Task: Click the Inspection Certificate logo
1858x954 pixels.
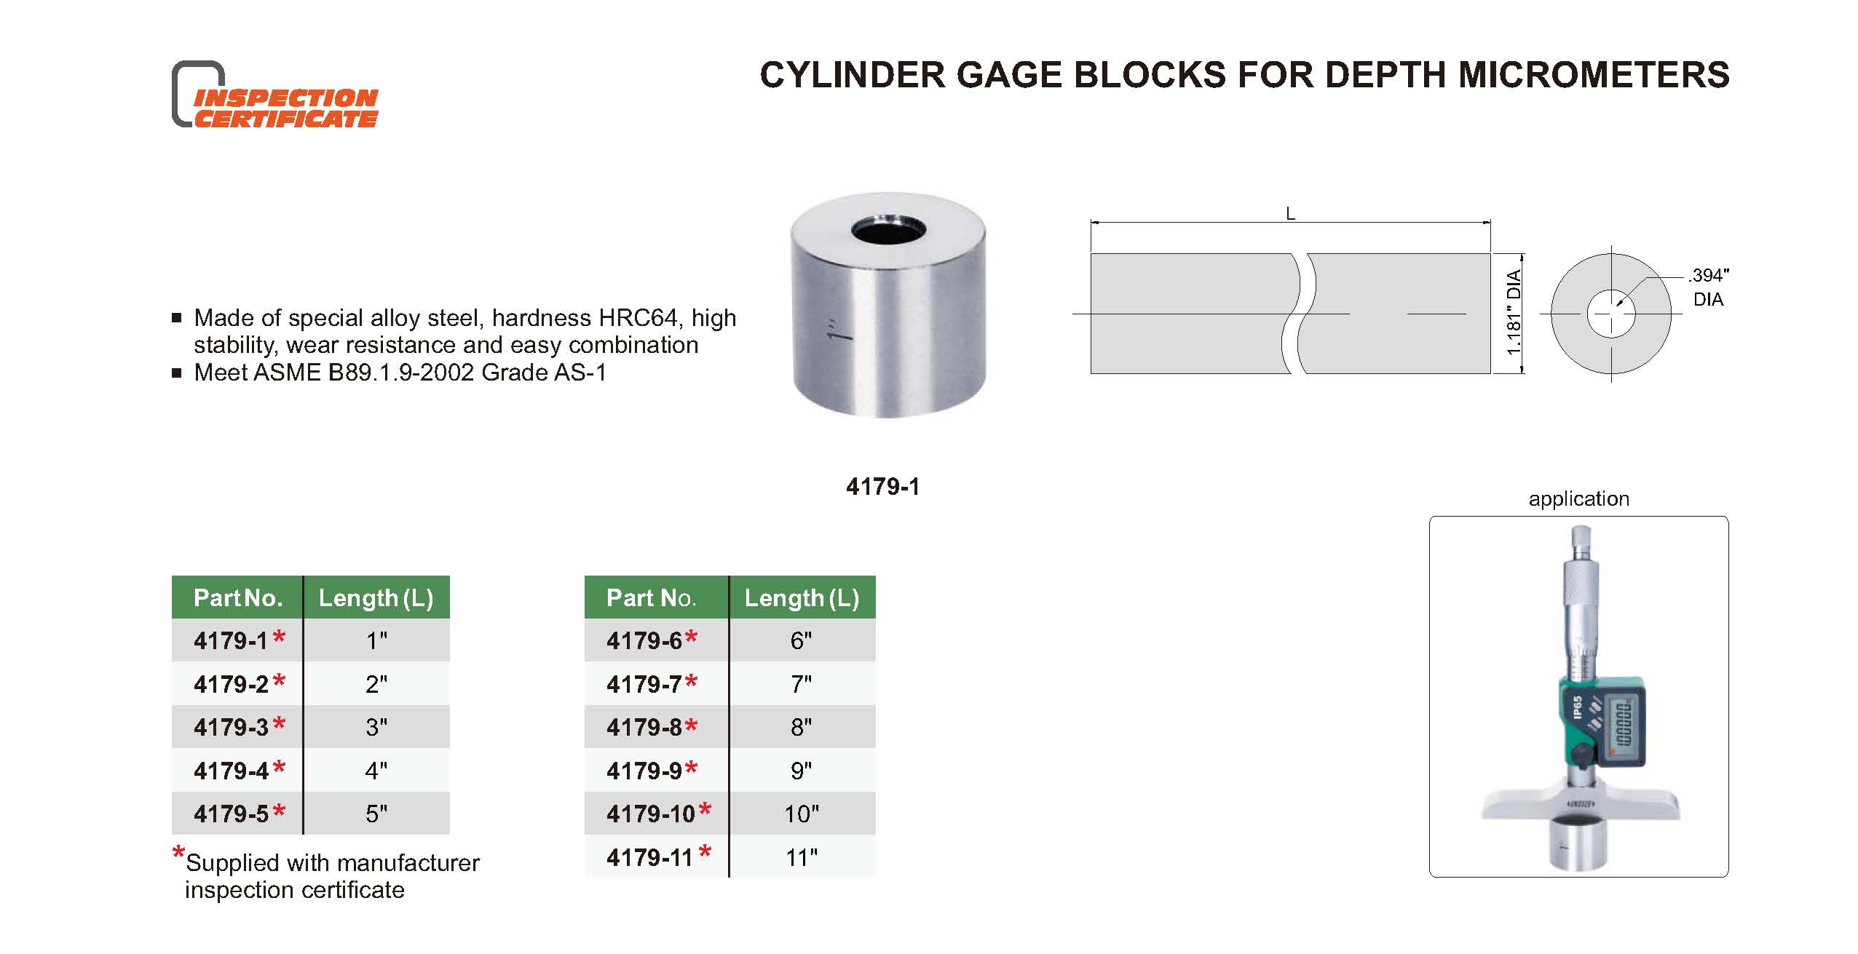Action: pos(275,96)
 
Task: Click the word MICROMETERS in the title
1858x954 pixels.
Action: pos(1594,76)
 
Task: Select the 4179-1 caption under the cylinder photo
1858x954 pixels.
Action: pos(882,487)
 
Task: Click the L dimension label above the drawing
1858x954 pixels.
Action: pos(1290,214)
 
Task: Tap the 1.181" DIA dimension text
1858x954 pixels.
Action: pos(1514,313)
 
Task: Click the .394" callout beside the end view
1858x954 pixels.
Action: pos(1709,276)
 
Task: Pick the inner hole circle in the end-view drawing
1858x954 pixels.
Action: pos(1611,314)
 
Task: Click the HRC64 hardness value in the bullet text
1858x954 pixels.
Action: pos(637,318)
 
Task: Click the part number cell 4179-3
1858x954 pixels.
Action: pos(232,727)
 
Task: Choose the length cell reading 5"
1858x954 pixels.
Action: pos(376,814)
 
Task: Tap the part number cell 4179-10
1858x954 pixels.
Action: pos(651,814)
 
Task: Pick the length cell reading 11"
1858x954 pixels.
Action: pos(801,857)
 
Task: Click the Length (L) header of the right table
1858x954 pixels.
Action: pos(801,598)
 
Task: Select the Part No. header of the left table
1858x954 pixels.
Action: pos(237,598)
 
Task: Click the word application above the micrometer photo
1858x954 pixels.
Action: pos(1578,499)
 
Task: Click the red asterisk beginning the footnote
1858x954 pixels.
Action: pos(178,853)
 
